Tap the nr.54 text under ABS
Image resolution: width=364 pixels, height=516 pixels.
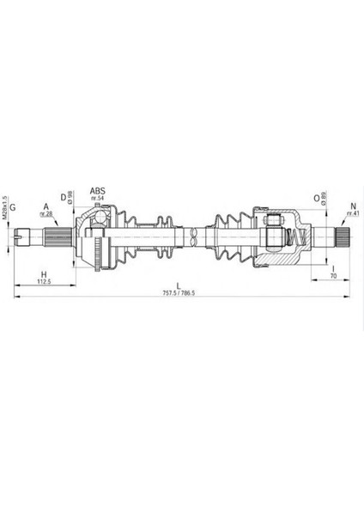[100, 200]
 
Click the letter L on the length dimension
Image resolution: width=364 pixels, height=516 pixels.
[179, 285]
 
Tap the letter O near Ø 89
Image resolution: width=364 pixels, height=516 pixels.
[317, 197]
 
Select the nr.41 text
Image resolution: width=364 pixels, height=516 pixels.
[351, 214]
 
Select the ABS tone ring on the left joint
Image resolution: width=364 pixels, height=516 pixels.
[102, 250]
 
